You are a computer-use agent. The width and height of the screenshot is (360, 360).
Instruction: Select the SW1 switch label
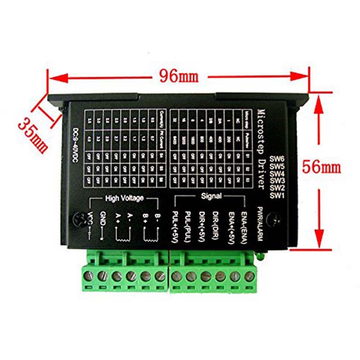click(277, 195)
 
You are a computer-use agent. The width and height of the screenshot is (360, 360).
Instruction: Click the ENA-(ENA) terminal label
click(244, 228)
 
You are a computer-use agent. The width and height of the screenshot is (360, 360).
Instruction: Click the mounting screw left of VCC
click(81, 220)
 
